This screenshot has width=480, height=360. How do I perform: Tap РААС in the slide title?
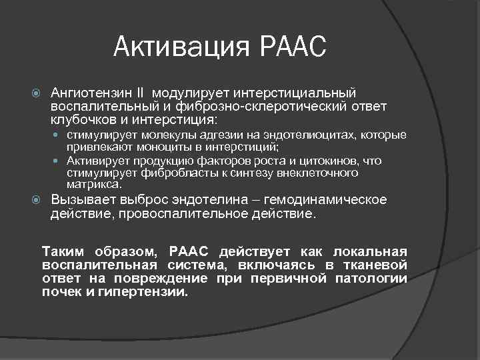pos(291,47)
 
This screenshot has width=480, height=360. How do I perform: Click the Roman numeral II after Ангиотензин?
pos(157,92)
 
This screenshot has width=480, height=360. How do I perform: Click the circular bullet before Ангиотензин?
pos(38,93)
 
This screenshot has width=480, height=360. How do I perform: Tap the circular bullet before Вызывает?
pos(38,201)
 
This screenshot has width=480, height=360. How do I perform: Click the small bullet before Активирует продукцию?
pos(59,161)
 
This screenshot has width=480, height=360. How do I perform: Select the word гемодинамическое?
pos(325,200)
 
